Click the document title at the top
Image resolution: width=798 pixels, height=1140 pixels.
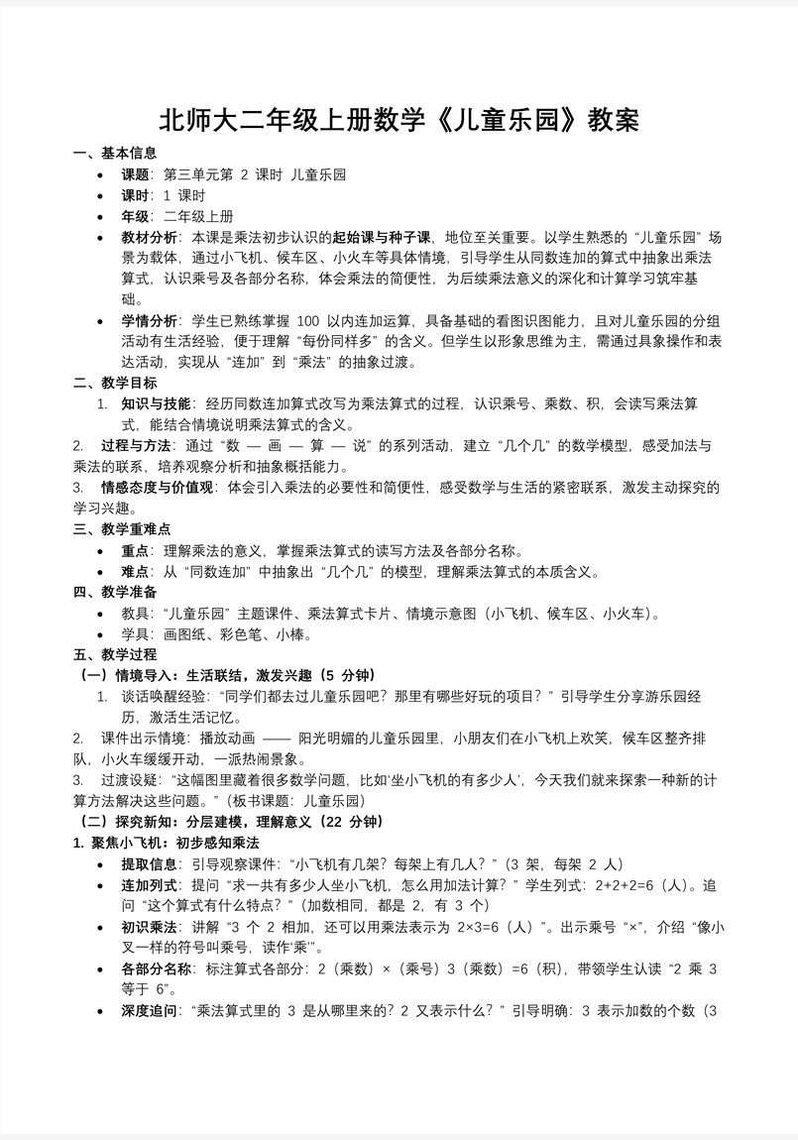[x=399, y=120]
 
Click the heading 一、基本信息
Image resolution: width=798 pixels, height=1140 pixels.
[x=115, y=153]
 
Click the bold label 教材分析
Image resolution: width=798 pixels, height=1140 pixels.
[x=150, y=237]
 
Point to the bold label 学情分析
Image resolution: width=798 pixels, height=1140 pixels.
[x=150, y=320]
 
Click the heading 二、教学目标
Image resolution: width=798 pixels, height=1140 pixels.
[x=115, y=383]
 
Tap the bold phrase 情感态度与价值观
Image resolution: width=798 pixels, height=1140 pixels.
[x=157, y=487]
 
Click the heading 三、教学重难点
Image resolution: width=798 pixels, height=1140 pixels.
[x=122, y=529]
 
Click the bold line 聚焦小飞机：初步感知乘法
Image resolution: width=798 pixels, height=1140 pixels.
[x=166, y=842]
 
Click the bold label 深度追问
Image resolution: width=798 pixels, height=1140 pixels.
[x=150, y=1010]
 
